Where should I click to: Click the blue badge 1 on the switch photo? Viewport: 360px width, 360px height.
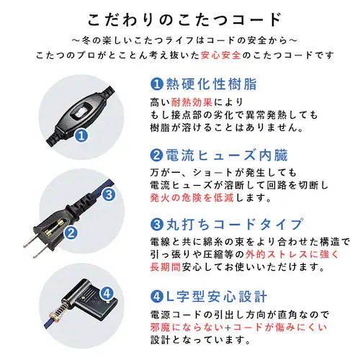pyautogui.click(x=81, y=135)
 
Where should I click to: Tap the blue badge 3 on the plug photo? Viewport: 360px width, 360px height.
pyautogui.click(x=108, y=194)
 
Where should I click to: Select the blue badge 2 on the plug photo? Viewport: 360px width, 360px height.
pyautogui.click(x=71, y=233)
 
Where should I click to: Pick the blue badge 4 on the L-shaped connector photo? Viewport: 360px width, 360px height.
pyautogui.click(x=108, y=293)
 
